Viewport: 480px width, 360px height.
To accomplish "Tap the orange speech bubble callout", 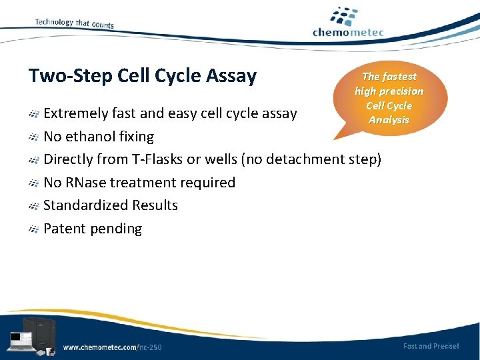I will point(389,99).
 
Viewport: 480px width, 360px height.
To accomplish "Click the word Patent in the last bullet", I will point(65,229).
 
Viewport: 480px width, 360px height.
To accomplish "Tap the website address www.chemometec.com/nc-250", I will point(112,347).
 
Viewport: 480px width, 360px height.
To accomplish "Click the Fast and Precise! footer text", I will point(431,345).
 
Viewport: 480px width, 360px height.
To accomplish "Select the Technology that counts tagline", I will point(74,23).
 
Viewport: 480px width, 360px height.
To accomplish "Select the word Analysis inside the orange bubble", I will point(389,120).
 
